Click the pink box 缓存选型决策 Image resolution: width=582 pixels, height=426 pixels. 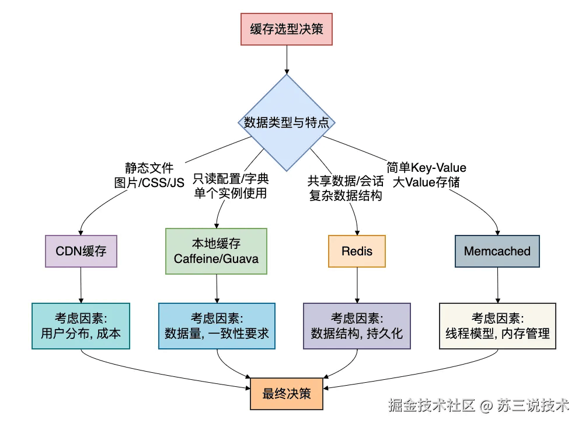coord(287,30)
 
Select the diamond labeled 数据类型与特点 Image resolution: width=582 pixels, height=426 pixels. coord(287,123)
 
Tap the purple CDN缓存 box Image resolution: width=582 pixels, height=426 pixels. coord(81,251)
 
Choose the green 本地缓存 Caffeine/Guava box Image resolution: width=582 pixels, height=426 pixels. coord(217,251)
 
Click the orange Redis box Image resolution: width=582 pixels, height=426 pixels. coord(357,251)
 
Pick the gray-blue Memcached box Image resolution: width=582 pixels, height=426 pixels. coord(497,251)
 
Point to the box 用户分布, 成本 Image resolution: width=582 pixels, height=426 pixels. coord(81,326)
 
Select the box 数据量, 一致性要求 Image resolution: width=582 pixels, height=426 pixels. coord(217,326)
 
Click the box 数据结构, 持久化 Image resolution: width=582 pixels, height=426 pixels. coord(357,326)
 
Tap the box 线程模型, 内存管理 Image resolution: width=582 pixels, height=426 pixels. coord(497,326)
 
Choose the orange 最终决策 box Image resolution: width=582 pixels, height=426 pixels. coord(287,393)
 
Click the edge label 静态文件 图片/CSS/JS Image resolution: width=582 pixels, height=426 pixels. coord(149,175)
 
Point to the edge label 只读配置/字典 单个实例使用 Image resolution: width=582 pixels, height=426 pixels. coord(231,186)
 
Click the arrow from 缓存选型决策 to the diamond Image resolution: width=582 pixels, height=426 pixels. coord(287,59)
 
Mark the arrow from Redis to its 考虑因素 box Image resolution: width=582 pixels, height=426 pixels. coord(357,285)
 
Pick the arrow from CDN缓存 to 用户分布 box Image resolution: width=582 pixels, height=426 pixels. coord(81,285)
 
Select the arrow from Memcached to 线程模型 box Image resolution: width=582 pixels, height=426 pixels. coord(497,285)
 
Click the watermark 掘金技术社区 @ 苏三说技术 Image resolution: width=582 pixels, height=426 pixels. coord(479,405)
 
